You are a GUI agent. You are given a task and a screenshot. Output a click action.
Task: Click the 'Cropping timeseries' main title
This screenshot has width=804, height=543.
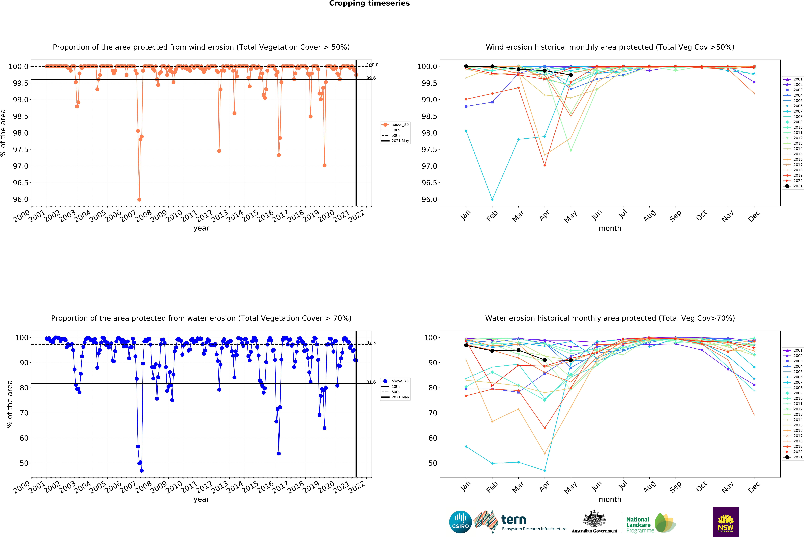tap(369, 3)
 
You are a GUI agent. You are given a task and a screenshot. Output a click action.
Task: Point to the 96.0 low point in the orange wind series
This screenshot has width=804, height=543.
tap(139, 199)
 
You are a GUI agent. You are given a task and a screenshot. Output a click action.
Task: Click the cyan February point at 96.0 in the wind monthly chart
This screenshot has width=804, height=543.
tap(492, 199)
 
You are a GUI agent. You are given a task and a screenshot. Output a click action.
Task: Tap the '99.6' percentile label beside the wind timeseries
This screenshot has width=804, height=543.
tap(371, 78)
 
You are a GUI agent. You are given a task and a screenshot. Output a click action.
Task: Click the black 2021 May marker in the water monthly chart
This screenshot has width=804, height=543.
tap(570, 360)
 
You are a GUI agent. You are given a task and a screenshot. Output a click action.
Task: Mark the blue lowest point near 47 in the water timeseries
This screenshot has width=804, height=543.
tap(142, 470)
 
